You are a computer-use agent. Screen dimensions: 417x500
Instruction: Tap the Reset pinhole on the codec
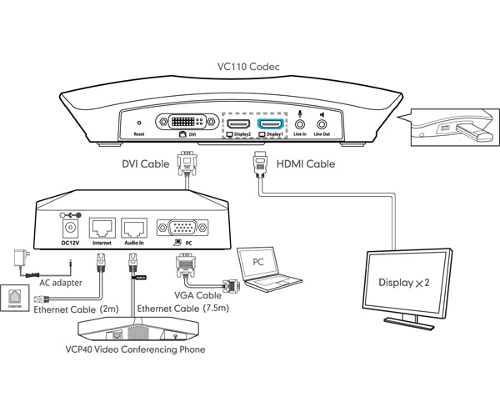139,123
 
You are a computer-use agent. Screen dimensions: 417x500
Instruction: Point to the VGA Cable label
198,294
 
